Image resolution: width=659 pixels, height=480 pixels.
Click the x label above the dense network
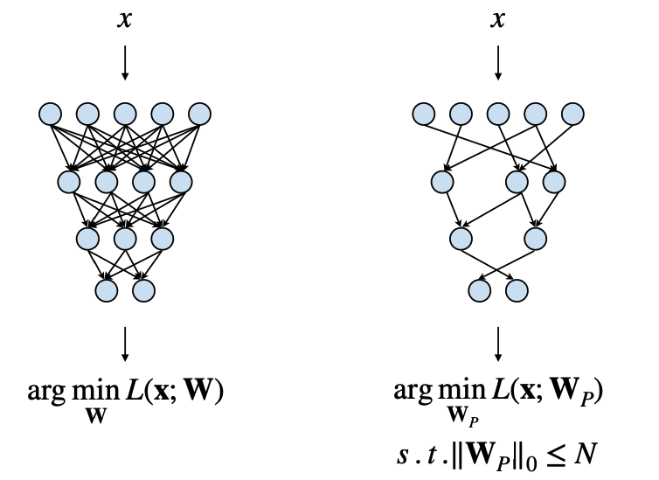124,20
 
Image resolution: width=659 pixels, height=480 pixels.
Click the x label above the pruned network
497,20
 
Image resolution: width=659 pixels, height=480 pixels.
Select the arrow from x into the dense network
125,63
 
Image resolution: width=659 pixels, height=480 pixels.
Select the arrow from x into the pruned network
498,63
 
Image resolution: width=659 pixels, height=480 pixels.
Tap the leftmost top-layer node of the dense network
50,114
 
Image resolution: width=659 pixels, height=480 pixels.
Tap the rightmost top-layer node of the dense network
199,114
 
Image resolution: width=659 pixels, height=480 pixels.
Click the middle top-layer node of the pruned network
498,114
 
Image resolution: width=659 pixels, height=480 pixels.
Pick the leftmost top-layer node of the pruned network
423,114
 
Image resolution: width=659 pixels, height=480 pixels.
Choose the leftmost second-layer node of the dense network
69,182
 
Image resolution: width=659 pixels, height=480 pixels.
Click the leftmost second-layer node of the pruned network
442,182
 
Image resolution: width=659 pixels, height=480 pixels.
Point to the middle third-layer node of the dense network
125,239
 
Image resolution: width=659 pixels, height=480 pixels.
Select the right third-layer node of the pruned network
536,239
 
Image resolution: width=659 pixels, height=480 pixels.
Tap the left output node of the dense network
107,290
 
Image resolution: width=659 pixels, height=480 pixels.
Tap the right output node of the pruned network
517,290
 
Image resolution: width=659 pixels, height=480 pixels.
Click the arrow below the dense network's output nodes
125,344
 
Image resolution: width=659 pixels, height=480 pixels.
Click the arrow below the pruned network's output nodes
498,344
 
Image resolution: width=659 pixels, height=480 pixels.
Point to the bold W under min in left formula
96,416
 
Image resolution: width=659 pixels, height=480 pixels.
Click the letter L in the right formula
499,390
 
